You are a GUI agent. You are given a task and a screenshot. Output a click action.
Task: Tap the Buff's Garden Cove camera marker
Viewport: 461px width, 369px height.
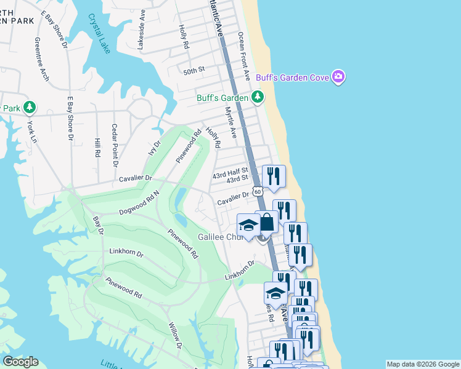[x=338, y=77]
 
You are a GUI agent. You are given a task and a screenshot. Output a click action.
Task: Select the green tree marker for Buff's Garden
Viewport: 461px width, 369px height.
[x=257, y=97]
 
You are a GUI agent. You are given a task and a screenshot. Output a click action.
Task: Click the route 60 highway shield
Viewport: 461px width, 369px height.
[x=258, y=191]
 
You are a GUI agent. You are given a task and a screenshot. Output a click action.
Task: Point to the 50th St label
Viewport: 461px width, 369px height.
[x=194, y=71]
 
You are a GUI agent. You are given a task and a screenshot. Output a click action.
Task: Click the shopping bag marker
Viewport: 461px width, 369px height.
[x=267, y=222]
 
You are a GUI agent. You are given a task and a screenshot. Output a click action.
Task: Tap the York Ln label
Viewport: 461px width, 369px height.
[x=31, y=129]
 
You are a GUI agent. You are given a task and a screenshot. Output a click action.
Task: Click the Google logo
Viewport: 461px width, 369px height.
[x=20, y=362]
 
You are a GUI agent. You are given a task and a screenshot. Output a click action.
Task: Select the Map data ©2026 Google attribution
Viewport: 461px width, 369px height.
[x=422, y=364]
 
